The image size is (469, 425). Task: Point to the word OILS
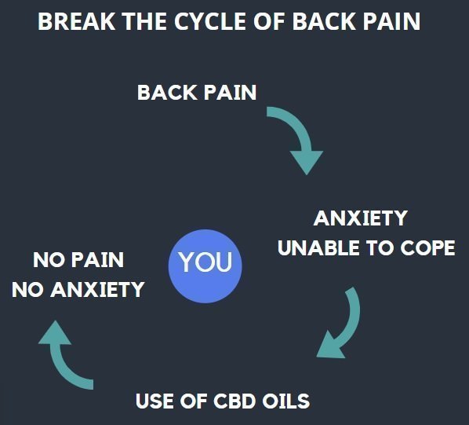(x=283, y=401)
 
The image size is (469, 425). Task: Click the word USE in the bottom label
(x=154, y=401)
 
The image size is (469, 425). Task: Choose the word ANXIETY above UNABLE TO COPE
(x=360, y=218)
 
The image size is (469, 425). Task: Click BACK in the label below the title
(x=165, y=92)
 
